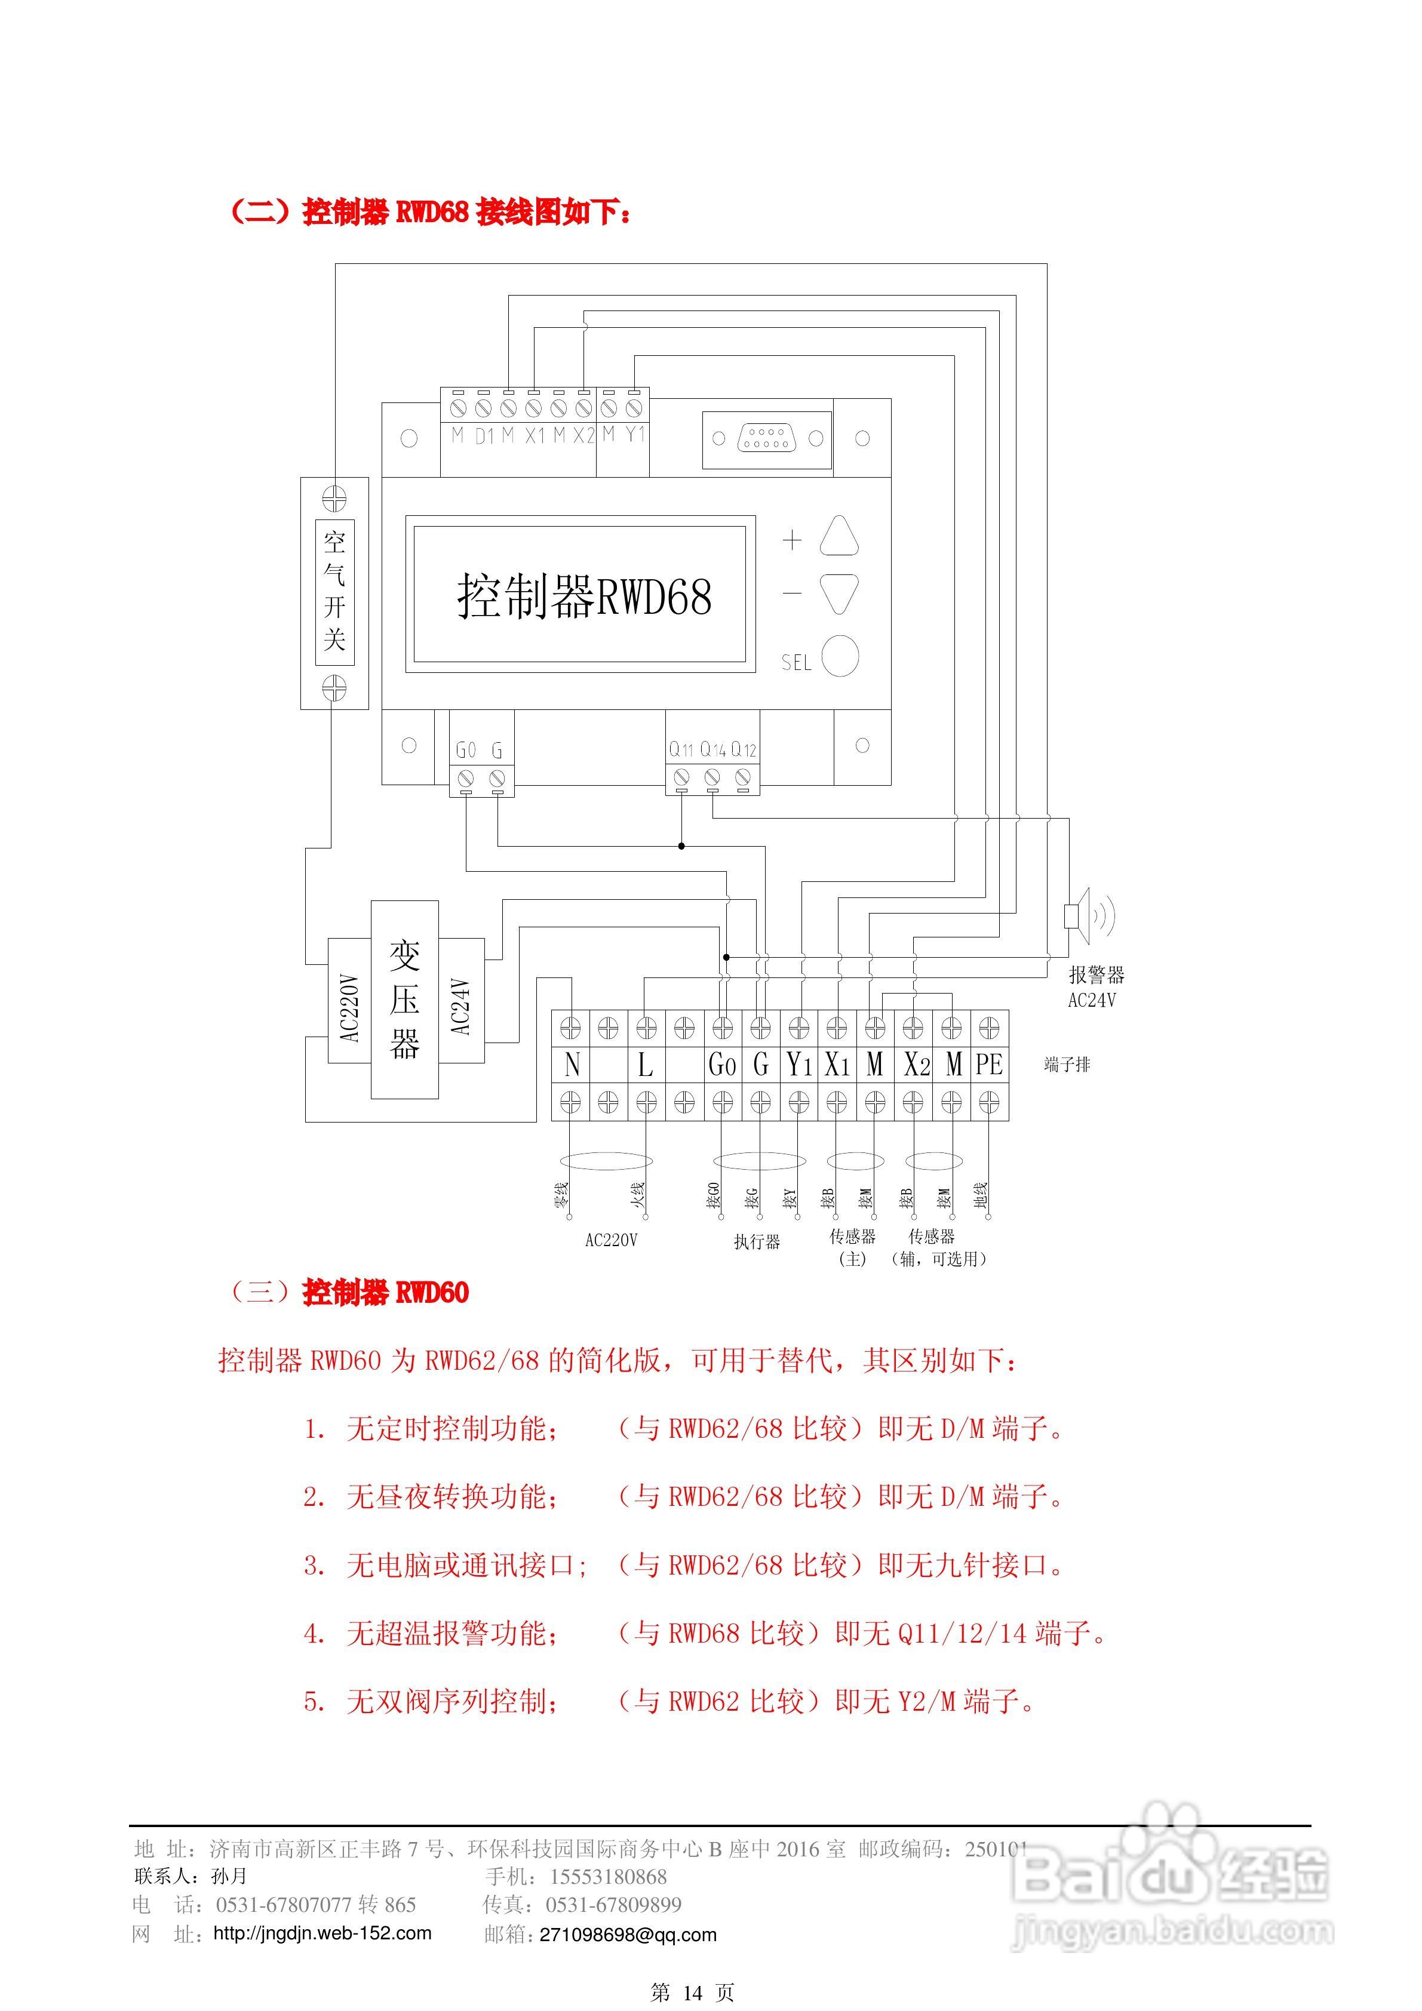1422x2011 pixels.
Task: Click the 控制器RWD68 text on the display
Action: [583, 596]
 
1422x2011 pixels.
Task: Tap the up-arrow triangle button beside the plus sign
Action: [839, 536]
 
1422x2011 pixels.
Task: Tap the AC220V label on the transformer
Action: [349, 1008]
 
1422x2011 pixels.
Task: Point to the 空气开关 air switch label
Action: [334, 591]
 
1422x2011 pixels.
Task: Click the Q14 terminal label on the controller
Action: [712, 750]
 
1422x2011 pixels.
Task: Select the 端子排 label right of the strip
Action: [1067, 1064]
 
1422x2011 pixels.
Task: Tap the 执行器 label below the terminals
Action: [757, 1241]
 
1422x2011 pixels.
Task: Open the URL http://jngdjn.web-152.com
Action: [323, 1933]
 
